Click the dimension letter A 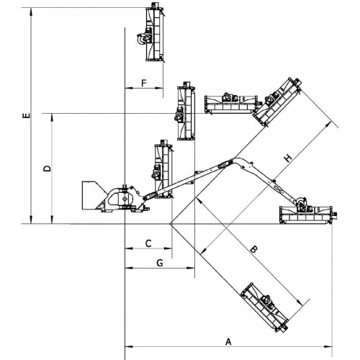point(228,341)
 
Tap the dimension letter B point(253,249)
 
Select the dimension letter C point(148,243)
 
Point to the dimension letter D point(48,168)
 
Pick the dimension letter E point(27,115)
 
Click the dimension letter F point(144,84)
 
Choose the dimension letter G point(160,263)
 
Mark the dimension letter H point(288,158)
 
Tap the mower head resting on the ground point(308,214)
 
